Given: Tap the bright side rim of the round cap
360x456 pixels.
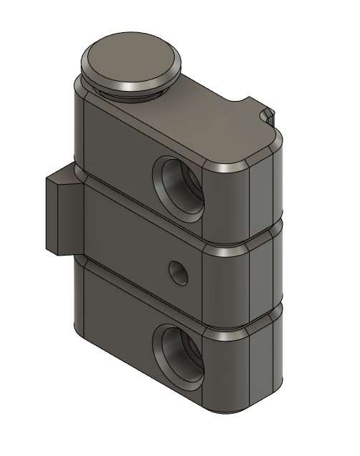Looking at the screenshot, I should [132, 84].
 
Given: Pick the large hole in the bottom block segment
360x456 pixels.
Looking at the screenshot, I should [180, 354].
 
